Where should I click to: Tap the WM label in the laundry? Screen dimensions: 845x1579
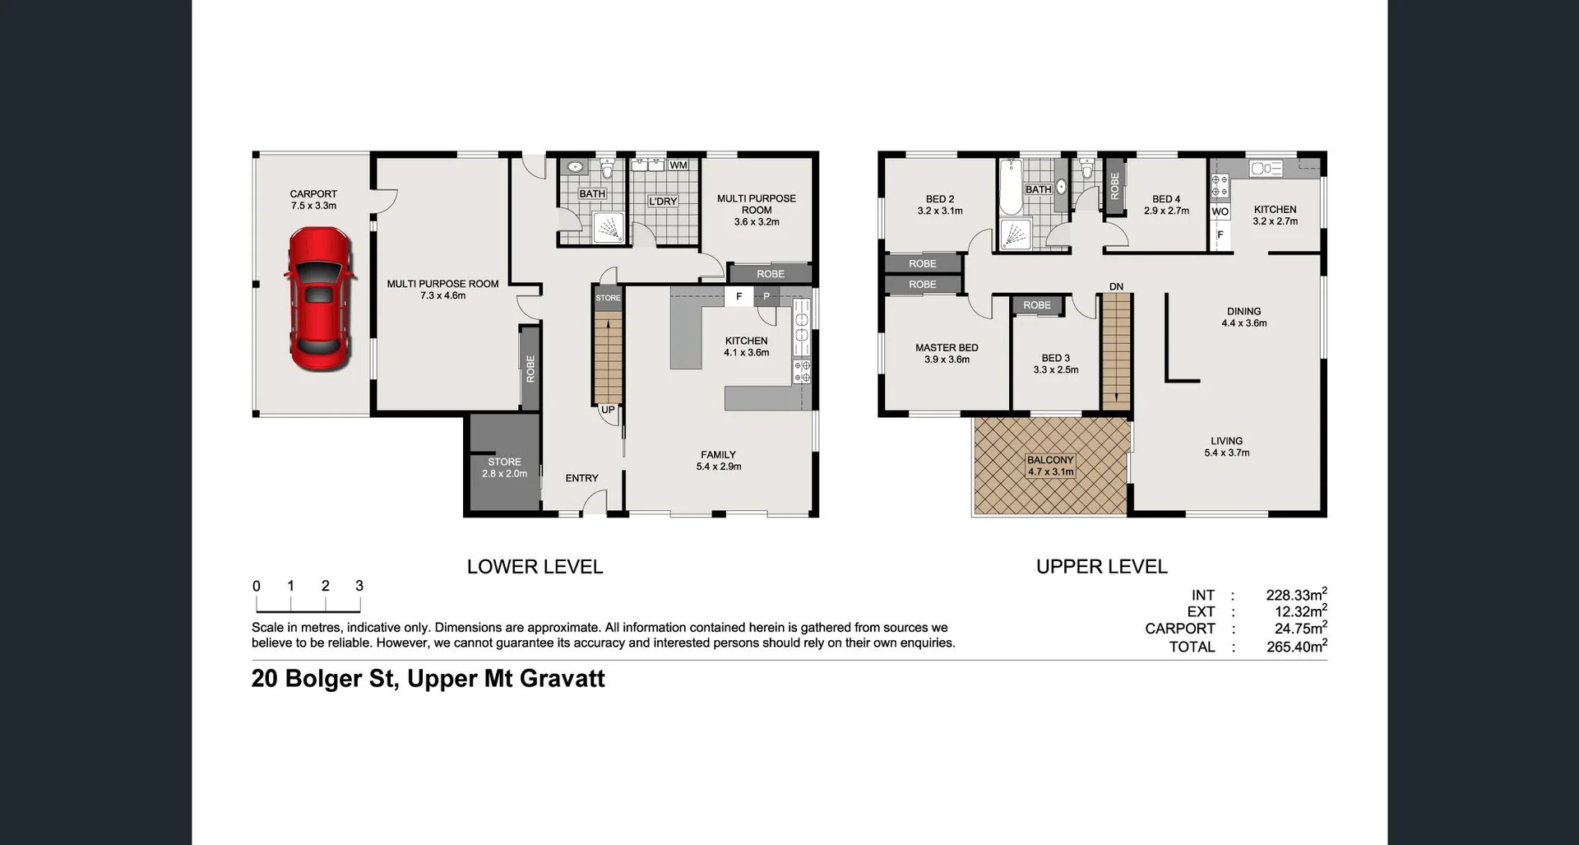click(x=678, y=165)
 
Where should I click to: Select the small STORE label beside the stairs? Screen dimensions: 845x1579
click(x=608, y=298)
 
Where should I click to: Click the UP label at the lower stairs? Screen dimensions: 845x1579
click(x=608, y=410)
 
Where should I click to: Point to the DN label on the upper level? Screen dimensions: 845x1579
click(x=1116, y=286)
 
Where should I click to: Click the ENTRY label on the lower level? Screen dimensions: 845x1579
click(x=581, y=478)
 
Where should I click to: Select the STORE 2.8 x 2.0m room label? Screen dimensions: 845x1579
click(x=504, y=467)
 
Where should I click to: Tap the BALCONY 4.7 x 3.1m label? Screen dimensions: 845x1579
click(x=1050, y=466)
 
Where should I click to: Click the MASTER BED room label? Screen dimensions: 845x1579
click(x=947, y=353)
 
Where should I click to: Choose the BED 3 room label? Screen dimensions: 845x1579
click(x=1056, y=364)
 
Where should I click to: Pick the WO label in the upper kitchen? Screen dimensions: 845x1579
click(x=1220, y=211)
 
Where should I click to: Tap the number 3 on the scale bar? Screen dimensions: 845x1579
click(x=359, y=586)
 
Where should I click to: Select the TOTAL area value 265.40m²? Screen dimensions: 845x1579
click(x=1296, y=647)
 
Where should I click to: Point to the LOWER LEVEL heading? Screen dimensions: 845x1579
click(x=535, y=567)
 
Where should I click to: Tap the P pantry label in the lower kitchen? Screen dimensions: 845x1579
click(x=766, y=296)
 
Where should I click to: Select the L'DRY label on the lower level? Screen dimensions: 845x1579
click(x=662, y=202)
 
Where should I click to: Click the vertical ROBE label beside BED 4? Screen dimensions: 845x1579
click(x=1114, y=186)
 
